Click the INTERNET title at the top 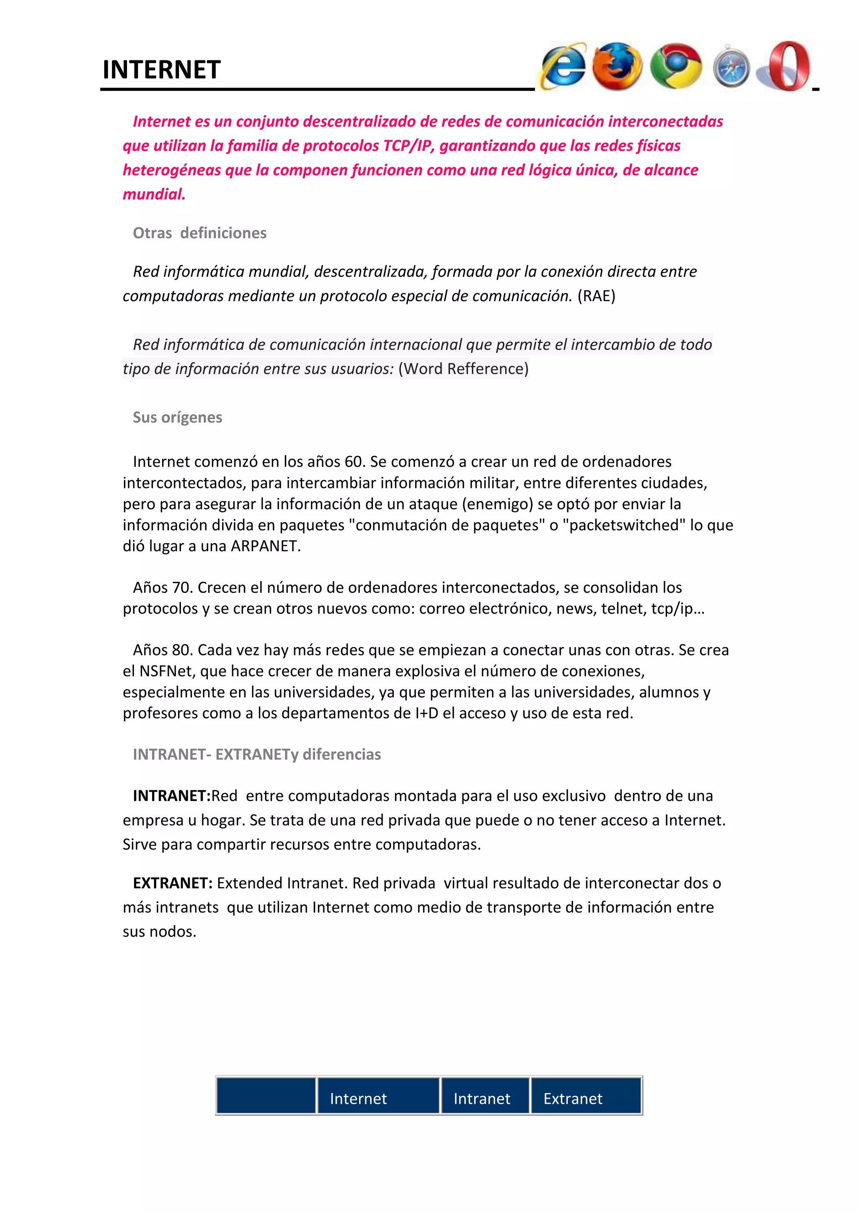click(161, 70)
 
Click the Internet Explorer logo click(563, 67)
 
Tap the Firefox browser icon click(617, 67)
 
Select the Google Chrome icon click(675, 67)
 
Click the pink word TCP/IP click(407, 146)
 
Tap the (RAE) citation click(596, 296)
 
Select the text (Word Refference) click(463, 369)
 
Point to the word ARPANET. click(265, 546)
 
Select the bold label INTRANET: click(172, 796)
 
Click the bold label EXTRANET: click(173, 883)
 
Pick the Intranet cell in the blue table click(481, 1099)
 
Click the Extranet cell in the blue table click(573, 1099)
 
